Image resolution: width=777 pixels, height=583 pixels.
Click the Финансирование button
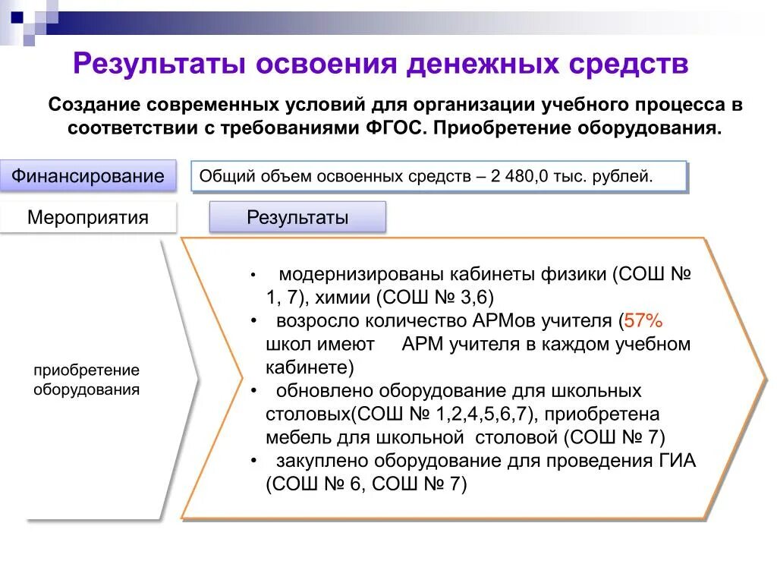point(88,176)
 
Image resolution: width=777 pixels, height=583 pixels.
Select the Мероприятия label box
point(88,218)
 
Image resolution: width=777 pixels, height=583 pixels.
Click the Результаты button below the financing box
point(297,218)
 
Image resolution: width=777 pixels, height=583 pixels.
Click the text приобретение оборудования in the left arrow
point(87,380)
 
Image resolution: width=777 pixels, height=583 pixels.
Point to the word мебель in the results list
point(290,438)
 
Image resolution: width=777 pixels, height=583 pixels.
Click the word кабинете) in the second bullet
point(310,368)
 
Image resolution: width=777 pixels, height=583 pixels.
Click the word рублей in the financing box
point(628,177)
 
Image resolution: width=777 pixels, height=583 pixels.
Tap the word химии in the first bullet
point(339,297)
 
